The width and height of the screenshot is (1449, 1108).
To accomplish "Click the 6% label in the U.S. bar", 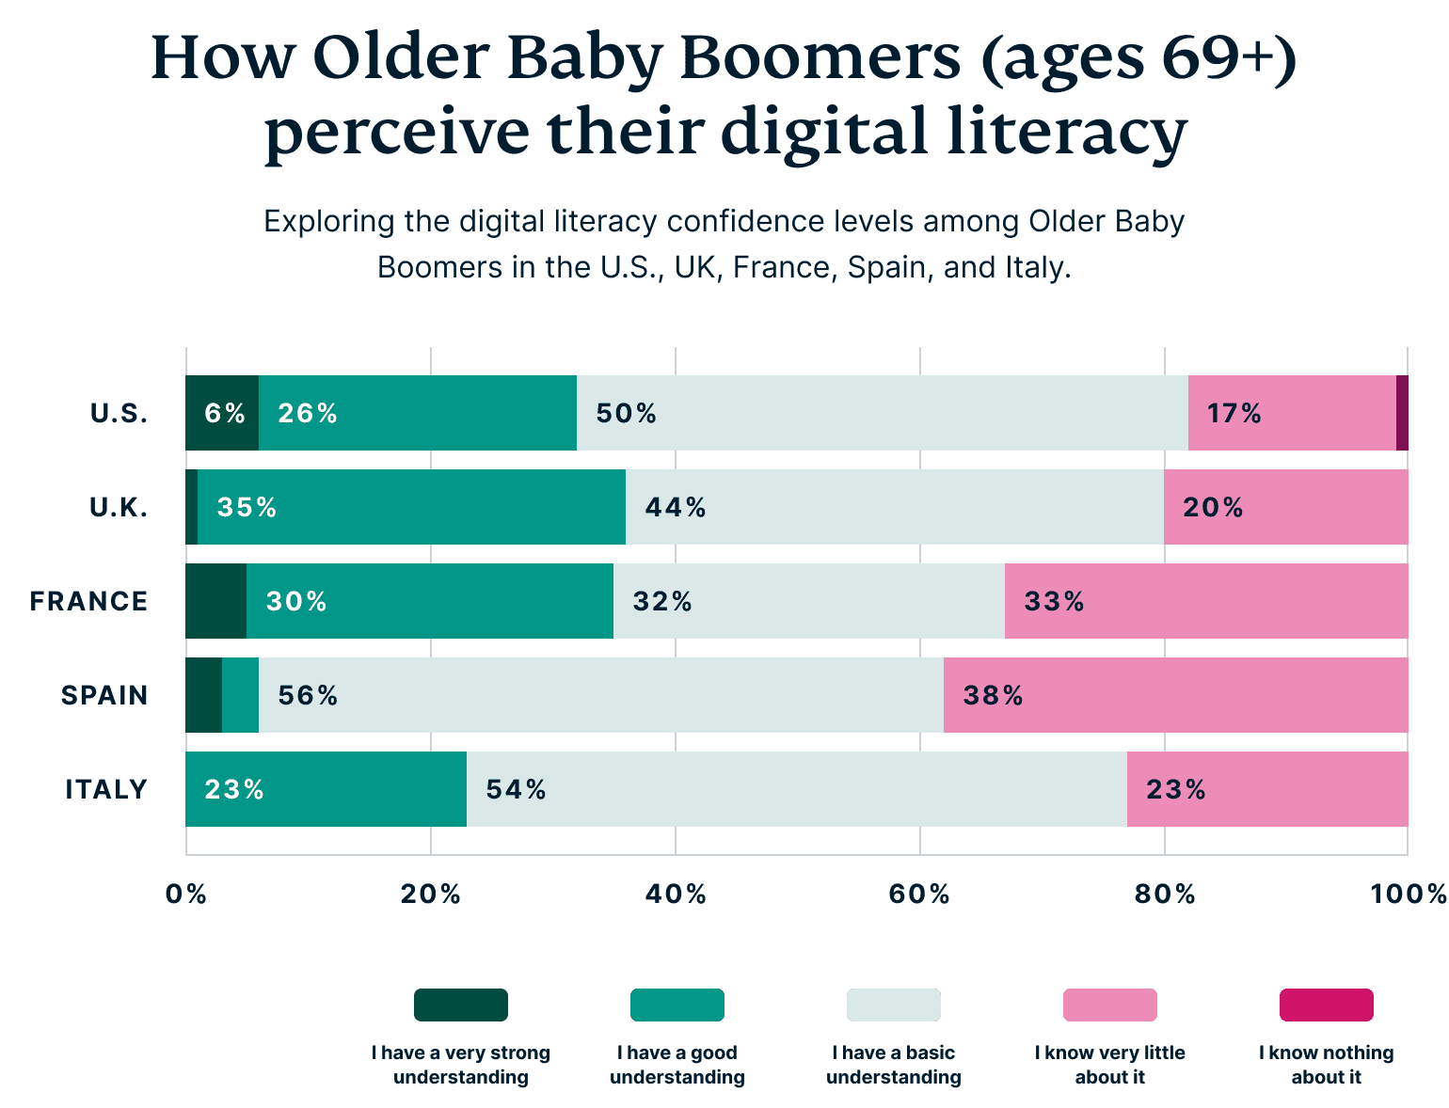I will pyautogui.click(x=224, y=414).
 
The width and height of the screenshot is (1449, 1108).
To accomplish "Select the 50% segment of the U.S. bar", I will pyautogui.click(x=882, y=414).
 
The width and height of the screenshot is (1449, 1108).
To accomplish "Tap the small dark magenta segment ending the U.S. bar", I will pyautogui.click(x=1402, y=414).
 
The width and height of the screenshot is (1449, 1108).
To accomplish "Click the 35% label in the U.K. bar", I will pyautogui.click(x=247, y=508).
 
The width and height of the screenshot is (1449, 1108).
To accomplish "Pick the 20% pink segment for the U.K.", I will pyautogui.click(x=1285, y=508).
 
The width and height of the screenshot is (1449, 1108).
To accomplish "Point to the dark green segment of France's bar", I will pyautogui.click(x=215, y=602).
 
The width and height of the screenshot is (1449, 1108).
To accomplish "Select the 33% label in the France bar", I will pyautogui.click(x=1054, y=602).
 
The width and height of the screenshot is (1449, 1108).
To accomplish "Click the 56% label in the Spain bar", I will pyautogui.click(x=308, y=696).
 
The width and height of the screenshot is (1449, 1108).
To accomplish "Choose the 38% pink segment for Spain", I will pyautogui.click(x=1175, y=696).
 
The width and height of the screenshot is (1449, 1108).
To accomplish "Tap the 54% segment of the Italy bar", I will pyautogui.click(x=796, y=790).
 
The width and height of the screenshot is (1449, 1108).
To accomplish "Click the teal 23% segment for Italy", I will pyautogui.click(x=326, y=790).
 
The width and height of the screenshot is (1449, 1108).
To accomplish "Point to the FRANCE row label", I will pyautogui.click(x=88, y=602).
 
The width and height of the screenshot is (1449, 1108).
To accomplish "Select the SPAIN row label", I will pyautogui.click(x=104, y=696).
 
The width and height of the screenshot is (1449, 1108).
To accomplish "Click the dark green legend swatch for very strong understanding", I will pyautogui.click(x=461, y=1005).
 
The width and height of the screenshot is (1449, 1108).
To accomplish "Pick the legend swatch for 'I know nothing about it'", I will pyautogui.click(x=1326, y=1005).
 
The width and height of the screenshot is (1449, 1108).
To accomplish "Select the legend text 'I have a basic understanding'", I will pyautogui.click(x=893, y=1065).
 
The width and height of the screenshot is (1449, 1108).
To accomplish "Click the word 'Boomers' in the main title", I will pyautogui.click(x=820, y=58).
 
